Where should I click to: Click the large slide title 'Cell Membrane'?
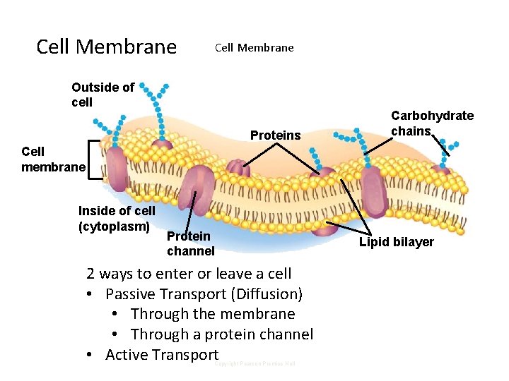[x=106, y=47]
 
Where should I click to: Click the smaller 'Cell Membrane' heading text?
[x=254, y=48]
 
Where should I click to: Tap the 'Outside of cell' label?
[x=103, y=95]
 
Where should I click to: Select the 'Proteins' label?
[x=275, y=135]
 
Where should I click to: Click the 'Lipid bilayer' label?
[x=396, y=242]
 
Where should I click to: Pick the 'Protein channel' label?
[x=190, y=244]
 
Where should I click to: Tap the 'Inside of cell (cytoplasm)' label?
[x=117, y=219]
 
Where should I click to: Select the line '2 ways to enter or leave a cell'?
[x=189, y=274]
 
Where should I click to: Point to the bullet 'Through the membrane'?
[x=213, y=314]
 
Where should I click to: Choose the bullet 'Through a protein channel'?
[x=222, y=334]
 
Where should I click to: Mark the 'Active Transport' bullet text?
[x=162, y=355]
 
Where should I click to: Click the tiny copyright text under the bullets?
[x=255, y=364]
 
